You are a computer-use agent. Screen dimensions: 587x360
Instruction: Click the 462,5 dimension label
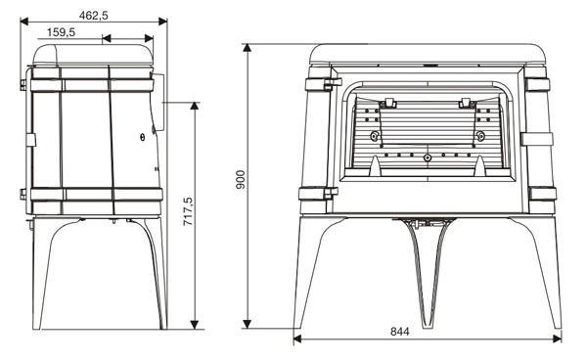pyautogui.click(x=94, y=16)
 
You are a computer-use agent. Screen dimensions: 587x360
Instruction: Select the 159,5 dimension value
pyautogui.click(x=61, y=32)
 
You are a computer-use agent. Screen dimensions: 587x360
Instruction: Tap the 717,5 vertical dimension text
pyautogui.click(x=188, y=211)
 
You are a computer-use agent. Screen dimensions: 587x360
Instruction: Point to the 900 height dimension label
pyautogui.click(x=241, y=180)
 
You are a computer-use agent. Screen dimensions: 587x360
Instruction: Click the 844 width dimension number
pyautogui.click(x=400, y=332)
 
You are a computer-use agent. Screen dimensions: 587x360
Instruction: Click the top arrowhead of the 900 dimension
pyautogui.click(x=248, y=48)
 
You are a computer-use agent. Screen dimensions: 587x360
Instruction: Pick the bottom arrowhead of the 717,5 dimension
pyautogui.click(x=195, y=325)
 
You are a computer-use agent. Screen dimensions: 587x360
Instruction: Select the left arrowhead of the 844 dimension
pyautogui.click(x=297, y=339)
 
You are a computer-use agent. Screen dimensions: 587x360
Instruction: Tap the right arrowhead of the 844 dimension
pyautogui.click(x=557, y=339)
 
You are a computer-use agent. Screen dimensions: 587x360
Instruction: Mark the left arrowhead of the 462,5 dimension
pyautogui.click(x=24, y=22)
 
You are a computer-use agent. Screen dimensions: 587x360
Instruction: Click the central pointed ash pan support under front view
pyautogui.click(x=427, y=273)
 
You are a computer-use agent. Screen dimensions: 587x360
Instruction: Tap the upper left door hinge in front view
pyautogui.click(x=333, y=84)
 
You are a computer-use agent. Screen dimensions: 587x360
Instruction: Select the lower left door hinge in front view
pyautogui.click(x=331, y=193)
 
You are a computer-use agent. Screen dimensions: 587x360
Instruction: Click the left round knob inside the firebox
pyautogui.click(x=374, y=136)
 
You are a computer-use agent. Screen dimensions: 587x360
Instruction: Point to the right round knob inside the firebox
pyautogui.click(x=480, y=136)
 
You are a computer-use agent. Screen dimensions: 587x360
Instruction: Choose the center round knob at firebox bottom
pyautogui.click(x=428, y=157)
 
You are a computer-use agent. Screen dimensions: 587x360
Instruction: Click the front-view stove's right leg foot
pyautogui.click(x=557, y=326)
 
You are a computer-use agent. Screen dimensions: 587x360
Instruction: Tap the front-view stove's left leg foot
pyautogui.click(x=298, y=326)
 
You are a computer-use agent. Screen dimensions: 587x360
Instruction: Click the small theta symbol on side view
pyautogui.click(x=142, y=138)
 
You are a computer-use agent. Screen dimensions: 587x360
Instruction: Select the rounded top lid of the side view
pyautogui.click(x=93, y=56)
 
